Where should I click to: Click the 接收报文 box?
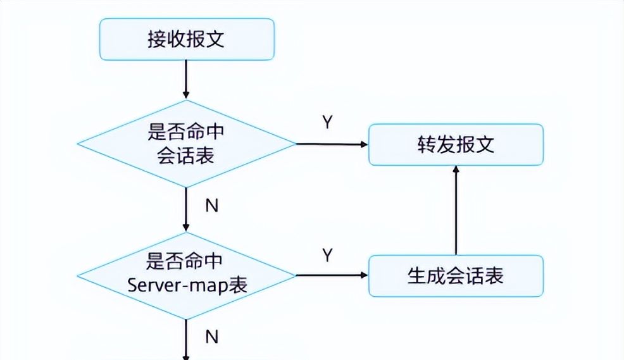coord(186,39)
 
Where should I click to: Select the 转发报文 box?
coord(456,145)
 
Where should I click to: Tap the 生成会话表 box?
coord(456,276)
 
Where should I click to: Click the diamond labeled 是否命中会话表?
coord(186,144)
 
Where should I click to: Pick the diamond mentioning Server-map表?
coord(186,275)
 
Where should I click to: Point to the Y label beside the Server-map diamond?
coord(327,255)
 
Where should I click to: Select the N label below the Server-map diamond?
coord(212,337)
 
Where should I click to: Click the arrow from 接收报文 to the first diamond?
coord(186,79)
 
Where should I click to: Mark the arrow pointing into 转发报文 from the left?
coord(332,144)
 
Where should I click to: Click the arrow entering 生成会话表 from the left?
coord(332,276)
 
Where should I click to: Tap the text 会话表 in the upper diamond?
coord(186,154)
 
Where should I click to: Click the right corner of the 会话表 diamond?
coord(294,144)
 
